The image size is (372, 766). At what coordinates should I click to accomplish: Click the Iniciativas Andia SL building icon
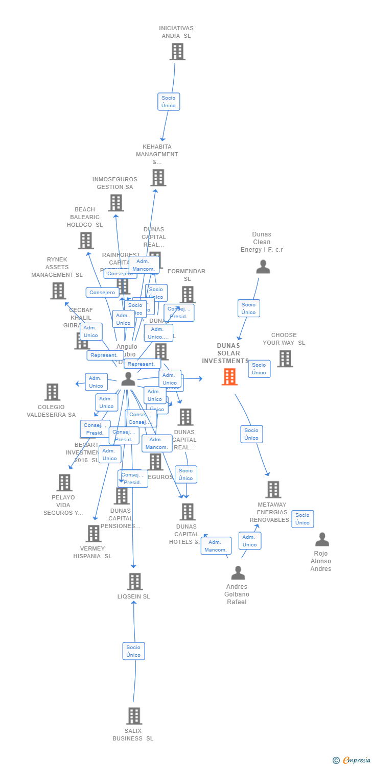click(177, 52)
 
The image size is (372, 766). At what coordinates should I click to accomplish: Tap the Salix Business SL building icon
click(134, 716)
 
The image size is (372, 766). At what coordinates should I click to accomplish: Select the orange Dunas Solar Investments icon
click(229, 377)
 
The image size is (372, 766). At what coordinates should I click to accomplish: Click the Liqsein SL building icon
click(134, 582)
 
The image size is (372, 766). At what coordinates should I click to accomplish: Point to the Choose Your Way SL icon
click(285, 358)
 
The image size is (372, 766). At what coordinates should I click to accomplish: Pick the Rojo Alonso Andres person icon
click(322, 539)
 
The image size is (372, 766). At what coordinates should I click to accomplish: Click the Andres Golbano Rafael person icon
click(238, 572)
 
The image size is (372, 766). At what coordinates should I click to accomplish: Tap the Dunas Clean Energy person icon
click(263, 267)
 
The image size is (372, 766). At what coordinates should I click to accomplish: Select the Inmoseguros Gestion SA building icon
click(116, 203)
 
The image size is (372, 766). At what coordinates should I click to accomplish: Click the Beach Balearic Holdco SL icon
click(86, 241)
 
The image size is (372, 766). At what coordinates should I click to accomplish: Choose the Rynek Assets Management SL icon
click(58, 291)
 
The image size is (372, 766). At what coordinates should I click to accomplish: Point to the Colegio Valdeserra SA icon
click(52, 392)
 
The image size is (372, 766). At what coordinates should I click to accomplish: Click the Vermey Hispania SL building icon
click(94, 534)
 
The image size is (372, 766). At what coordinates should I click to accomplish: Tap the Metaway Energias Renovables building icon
click(273, 489)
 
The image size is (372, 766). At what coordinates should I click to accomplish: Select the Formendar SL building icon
click(188, 294)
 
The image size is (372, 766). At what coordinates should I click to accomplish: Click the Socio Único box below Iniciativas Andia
click(169, 102)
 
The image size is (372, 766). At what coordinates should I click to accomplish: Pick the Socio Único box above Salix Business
click(133, 651)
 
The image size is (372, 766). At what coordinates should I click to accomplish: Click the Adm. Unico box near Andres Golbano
click(250, 541)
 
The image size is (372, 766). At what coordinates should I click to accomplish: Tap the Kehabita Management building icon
click(158, 178)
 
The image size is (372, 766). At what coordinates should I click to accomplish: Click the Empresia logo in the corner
click(352, 760)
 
